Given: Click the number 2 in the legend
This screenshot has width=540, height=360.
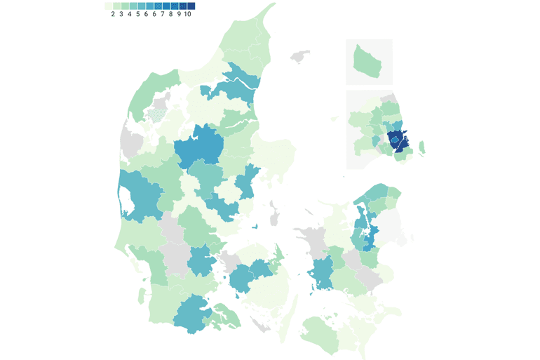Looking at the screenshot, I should pos(113,14).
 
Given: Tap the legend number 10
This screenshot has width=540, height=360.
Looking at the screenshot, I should pos(187,14).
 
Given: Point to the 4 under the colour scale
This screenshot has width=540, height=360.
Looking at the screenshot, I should pos(130,14).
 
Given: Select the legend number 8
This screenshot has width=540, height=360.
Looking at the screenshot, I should pos(170,14).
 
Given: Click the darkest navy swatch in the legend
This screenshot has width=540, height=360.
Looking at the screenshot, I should pos(191,6).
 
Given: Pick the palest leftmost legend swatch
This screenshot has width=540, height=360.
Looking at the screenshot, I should pos(109,6).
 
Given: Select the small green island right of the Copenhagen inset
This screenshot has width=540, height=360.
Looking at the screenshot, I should pos(422,147).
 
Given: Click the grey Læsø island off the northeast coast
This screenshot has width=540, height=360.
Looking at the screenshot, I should pos(302,54).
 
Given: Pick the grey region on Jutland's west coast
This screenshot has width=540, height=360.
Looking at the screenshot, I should pos(130,139).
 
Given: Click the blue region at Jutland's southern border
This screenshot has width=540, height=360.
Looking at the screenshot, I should pos(189,314).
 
